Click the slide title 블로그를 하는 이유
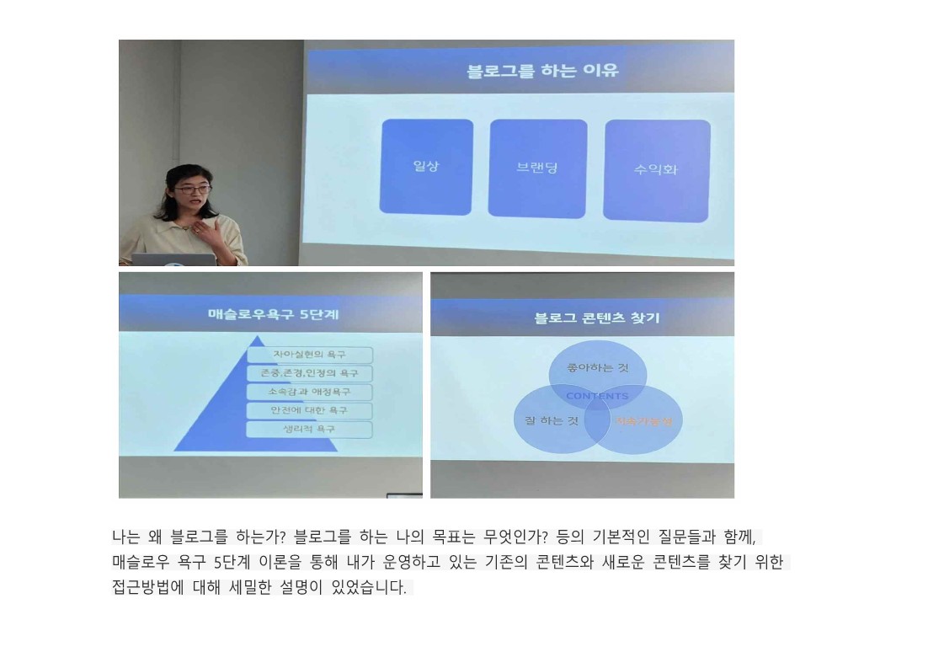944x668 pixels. coord(543,70)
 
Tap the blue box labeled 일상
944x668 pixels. coord(426,166)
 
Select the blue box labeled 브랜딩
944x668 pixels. coord(537,168)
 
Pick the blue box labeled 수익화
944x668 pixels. coord(656,169)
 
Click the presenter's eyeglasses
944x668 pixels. coord(192,190)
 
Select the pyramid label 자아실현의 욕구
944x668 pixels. coord(309,355)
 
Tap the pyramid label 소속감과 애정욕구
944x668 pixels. coord(309,392)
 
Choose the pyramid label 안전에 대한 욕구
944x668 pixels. coord(309,410)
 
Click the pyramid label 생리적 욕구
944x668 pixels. coord(309,430)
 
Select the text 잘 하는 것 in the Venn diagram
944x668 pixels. coord(547,420)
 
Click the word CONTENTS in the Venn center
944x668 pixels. coord(597,396)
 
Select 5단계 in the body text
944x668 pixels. coord(233,563)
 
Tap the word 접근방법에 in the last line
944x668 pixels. coord(147,588)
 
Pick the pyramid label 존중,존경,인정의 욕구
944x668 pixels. coord(309,373)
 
